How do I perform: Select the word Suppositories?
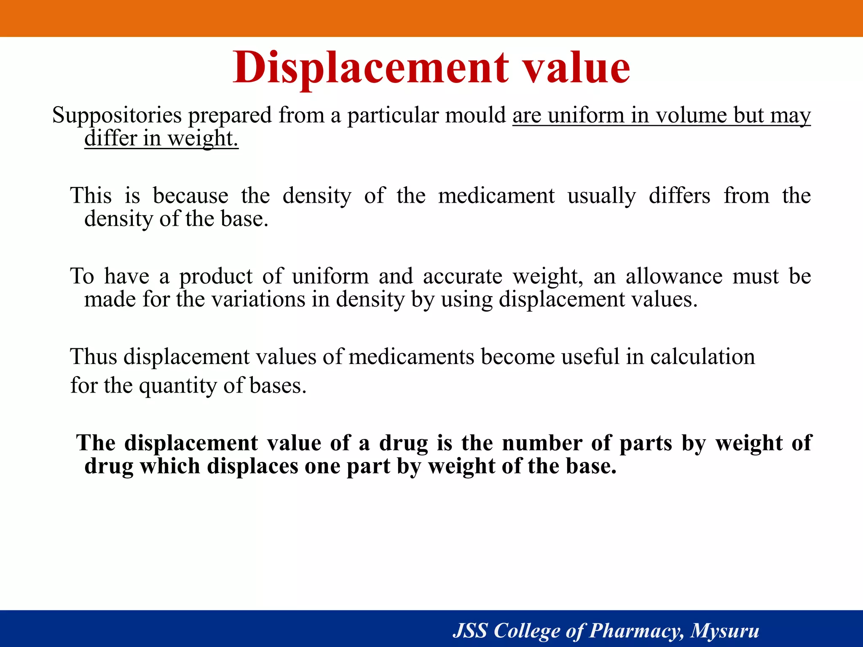pyautogui.click(x=117, y=115)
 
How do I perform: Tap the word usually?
pyautogui.click(x=602, y=196)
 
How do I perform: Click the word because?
pyautogui.click(x=190, y=196)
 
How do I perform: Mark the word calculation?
pyautogui.click(x=702, y=357)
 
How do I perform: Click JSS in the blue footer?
pyautogui.click(x=470, y=631)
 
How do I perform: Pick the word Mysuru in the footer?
pyautogui.click(x=725, y=631)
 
